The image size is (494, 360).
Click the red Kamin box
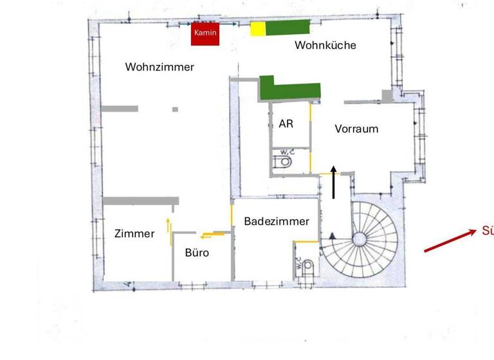[205, 34]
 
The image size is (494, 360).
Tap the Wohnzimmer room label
[160, 67]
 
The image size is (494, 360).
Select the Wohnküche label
[325, 46]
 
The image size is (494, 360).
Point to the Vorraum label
[356, 129]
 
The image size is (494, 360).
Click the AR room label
[286, 123]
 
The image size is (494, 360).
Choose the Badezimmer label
[277, 221]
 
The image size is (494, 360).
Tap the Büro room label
[197, 253]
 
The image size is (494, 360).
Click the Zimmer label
[134, 234]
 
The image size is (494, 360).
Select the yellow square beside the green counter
[257, 28]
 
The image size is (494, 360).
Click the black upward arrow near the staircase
[334, 181]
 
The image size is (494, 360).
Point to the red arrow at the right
[450, 240]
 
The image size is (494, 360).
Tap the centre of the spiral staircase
[358, 240]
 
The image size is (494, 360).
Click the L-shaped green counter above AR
[289, 89]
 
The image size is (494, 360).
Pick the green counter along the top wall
[288, 28]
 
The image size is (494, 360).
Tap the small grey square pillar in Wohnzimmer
[175, 109]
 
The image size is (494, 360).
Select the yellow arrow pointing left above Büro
[210, 235]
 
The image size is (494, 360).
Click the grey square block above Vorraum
[387, 96]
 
